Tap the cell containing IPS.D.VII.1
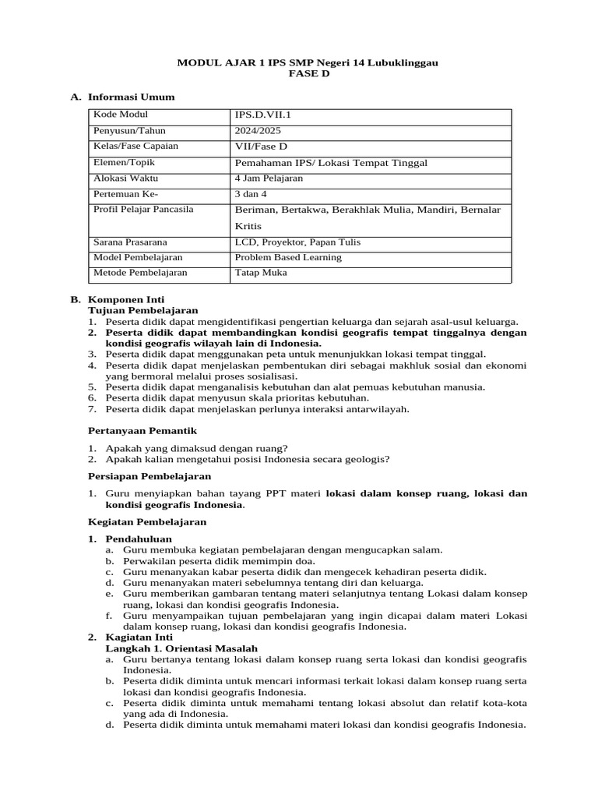(262, 115)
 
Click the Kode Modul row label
(121, 115)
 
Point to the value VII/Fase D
(261, 147)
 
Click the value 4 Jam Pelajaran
(269, 178)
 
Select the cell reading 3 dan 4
(251, 194)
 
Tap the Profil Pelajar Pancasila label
(143, 210)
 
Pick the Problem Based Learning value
(288, 257)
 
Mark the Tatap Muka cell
(261, 273)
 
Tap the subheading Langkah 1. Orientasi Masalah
(181, 648)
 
